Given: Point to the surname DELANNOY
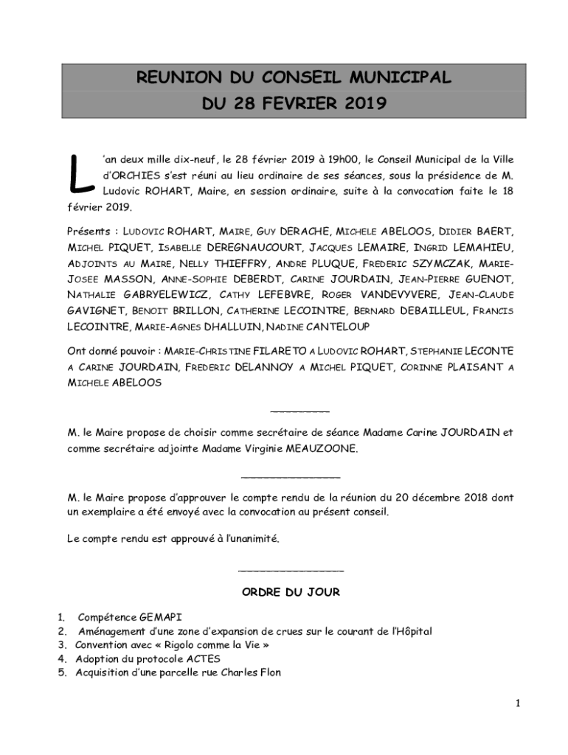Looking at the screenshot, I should point(260,366).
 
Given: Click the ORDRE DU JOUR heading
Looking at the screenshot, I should point(291,592).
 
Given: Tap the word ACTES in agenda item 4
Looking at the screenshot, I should point(206,659).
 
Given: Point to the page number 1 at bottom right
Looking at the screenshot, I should point(518,703).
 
